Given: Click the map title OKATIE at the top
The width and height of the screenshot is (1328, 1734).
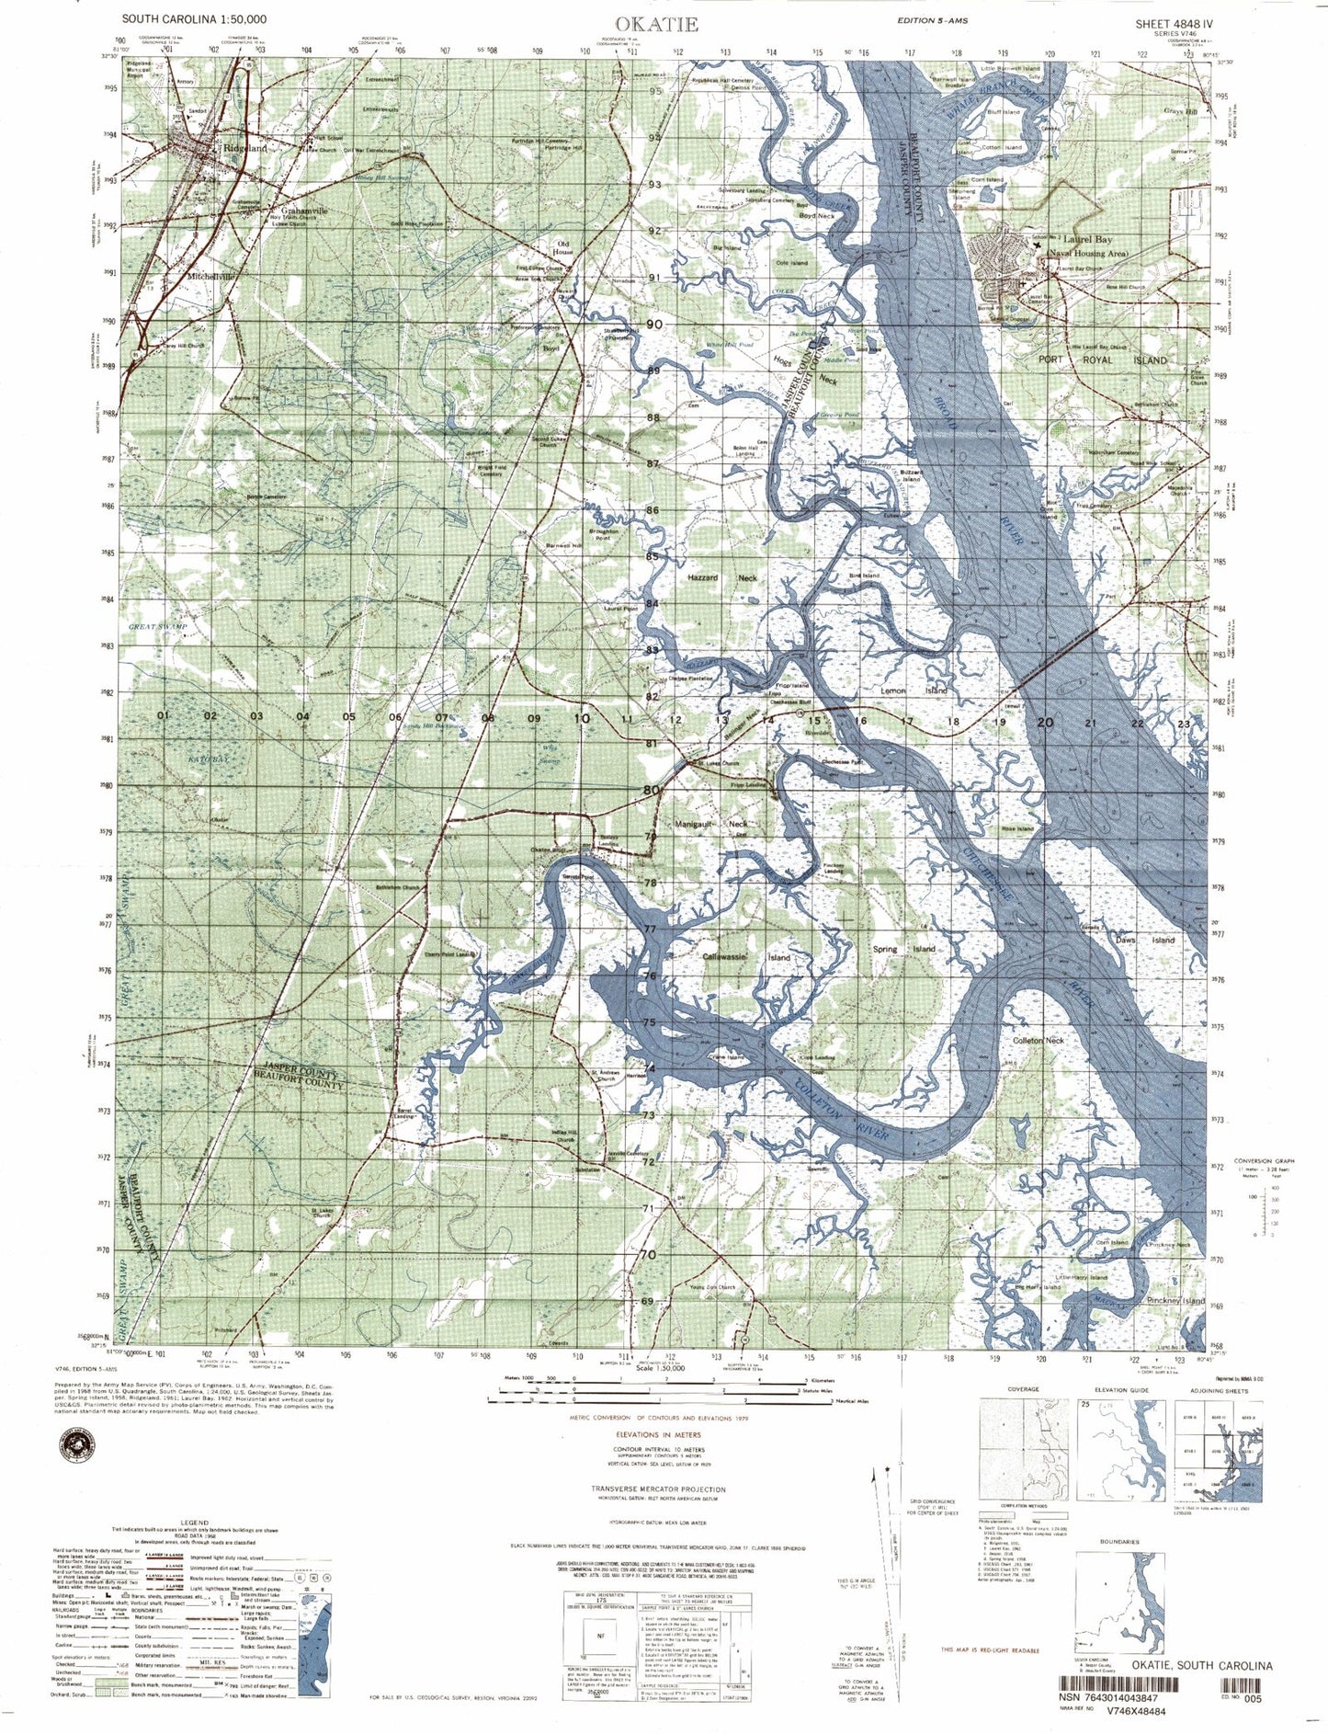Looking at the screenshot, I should [657, 25].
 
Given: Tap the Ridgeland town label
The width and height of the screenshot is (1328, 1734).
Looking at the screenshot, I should [244, 147].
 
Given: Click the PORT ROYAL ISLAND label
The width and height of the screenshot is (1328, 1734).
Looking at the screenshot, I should [1102, 360].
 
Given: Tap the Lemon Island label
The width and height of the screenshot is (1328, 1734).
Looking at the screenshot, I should [914, 690].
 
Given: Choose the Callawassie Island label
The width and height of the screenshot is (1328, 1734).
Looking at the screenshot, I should [745, 957].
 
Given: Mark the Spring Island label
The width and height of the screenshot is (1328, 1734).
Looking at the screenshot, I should [903, 949].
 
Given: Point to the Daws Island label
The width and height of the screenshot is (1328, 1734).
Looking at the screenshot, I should [1144, 940].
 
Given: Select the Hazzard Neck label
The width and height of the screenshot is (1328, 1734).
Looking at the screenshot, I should [722, 578].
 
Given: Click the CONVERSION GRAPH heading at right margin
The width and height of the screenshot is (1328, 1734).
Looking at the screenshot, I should [1264, 1160].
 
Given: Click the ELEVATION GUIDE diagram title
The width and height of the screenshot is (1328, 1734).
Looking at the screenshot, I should [1120, 1389].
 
